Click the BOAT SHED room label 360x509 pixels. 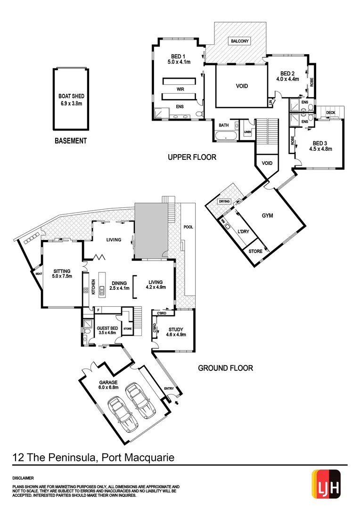71,99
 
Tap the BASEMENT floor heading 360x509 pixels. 71,140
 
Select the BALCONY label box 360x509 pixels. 240,41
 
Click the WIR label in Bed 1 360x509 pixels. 180,89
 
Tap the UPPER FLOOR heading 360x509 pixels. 192,157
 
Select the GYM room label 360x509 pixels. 268,215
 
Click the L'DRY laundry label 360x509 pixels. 244,231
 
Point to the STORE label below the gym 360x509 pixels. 255,252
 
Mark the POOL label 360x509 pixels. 188,227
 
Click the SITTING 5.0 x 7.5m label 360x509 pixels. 62,274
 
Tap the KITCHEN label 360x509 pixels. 94,287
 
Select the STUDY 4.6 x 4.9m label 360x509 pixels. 176,332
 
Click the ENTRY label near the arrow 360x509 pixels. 169,389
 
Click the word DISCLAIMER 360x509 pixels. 23,477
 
